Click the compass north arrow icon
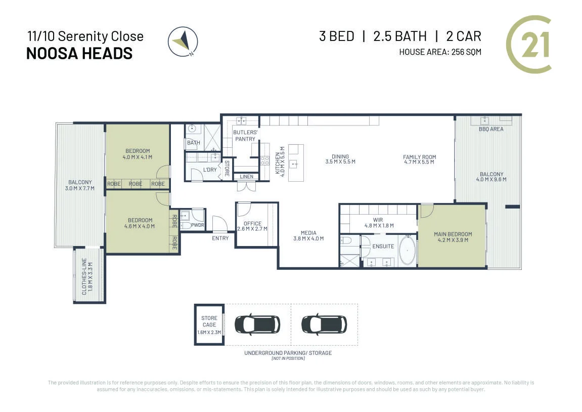coord(183,42)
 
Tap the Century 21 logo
coord(528,44)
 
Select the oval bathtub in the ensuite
coord(407,251)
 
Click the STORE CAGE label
coord(209,321)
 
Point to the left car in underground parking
coord(257,325)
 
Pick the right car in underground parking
coord(324,325)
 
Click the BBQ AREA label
coord(491,129)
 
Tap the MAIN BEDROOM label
coord(453,234)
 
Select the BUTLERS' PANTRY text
coord(245,136)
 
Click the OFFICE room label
coord(252,224)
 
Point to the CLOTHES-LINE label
coord(84,276)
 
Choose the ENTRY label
coord(220,238)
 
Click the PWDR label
coord(198,225)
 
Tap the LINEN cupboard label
coord(246,177)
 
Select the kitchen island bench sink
coord(294,163)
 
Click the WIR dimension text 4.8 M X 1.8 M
coord(379,226)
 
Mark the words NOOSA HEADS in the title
coord(79,54)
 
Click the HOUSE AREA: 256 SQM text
coord(440,52)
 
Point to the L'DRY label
coord(210,170)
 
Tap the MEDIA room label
coord(308,233)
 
